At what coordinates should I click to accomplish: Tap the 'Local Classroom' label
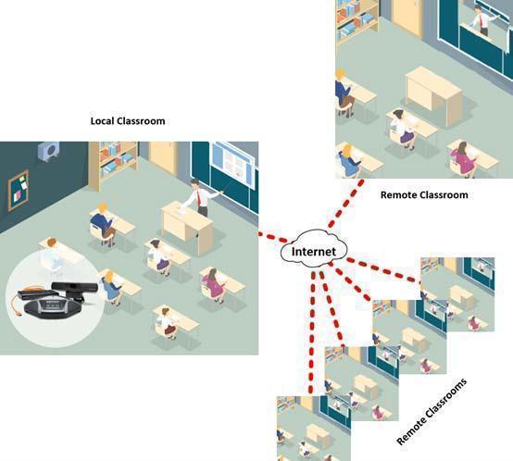(128, 121)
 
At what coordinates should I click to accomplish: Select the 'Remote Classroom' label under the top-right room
(424, 195)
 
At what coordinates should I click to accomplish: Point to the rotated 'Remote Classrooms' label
(432, 412)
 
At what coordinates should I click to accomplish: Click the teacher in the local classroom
(201, 197)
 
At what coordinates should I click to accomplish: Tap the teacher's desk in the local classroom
(187, 227)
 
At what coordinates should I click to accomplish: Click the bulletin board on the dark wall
(18, 190)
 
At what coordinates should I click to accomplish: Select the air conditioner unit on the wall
(49, 151)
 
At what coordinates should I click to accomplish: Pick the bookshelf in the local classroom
(113, 165)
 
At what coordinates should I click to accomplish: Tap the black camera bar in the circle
(76, 288)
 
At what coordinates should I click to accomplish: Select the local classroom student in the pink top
(213, 284)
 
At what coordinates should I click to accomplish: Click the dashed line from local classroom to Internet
(273, 237)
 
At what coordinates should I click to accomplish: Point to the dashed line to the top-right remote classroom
(345, 204)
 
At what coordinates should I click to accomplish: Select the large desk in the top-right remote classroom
(433, 95)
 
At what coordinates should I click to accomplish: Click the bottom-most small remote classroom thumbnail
(314, 429)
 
